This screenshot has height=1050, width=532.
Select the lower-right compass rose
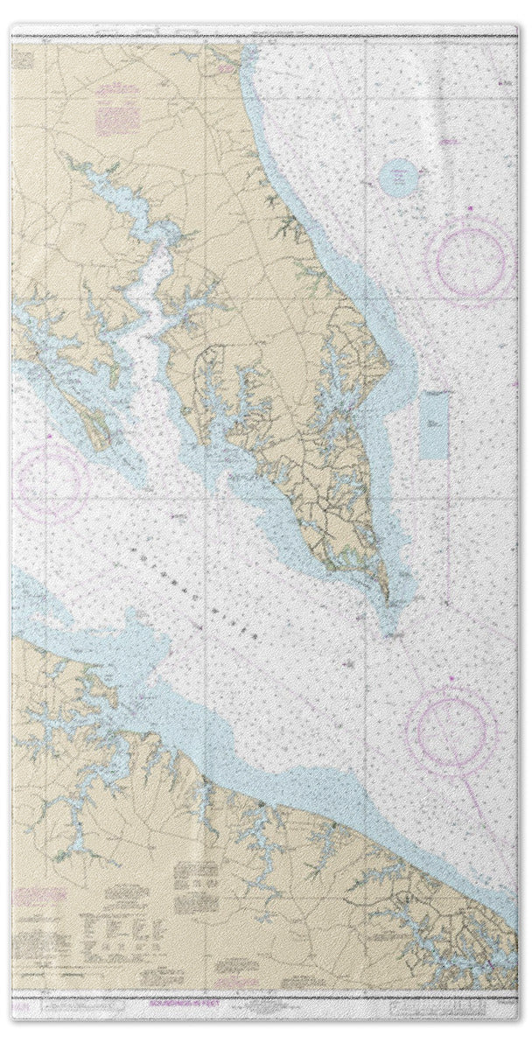point(451,729)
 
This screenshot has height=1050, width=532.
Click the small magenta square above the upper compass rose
point(469,208)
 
